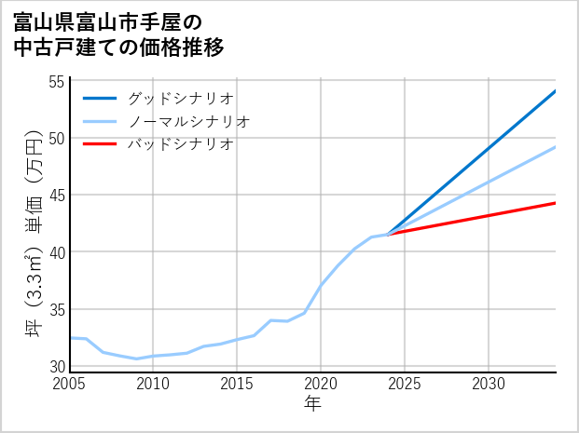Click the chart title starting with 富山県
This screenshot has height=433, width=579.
(119, 34)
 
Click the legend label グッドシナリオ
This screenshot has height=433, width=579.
(180, 98)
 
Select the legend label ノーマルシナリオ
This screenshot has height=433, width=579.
(188, 121)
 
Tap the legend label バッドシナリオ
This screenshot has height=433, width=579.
(180, 144)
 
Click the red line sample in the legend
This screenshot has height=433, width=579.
(100, 144)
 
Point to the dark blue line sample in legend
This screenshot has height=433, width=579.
(100, 98)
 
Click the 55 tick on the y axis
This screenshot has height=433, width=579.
(58, 82)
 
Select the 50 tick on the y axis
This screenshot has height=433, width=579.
(58, 139)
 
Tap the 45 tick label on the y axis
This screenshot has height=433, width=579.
(58, 196)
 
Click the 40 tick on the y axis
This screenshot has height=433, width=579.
(58, 252)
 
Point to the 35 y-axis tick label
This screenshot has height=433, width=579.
(58, 309)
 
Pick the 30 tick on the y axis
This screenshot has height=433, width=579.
(58, 366)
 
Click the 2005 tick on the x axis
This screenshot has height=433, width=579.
(70, 384)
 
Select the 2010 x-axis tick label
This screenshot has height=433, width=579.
(153, 384)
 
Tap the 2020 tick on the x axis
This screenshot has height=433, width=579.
(321, 384)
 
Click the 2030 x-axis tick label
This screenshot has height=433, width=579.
(489, 384)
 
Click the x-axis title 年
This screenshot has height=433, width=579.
(312, 405)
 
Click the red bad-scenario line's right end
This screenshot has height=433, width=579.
(555, 203)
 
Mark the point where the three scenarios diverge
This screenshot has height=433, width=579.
(388, 234)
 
